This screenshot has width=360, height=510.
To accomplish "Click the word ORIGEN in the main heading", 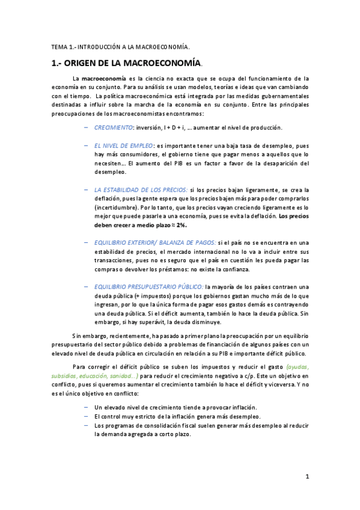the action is point(91,63).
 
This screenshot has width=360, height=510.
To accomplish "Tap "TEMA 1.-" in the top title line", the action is point(62,46).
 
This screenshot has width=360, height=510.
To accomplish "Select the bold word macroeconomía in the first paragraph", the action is point(104,79).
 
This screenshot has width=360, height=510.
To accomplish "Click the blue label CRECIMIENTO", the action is point(114,127).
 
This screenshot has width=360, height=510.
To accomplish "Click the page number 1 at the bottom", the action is point(307,477).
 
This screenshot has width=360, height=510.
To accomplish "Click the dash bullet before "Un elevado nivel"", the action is point(87,407).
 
